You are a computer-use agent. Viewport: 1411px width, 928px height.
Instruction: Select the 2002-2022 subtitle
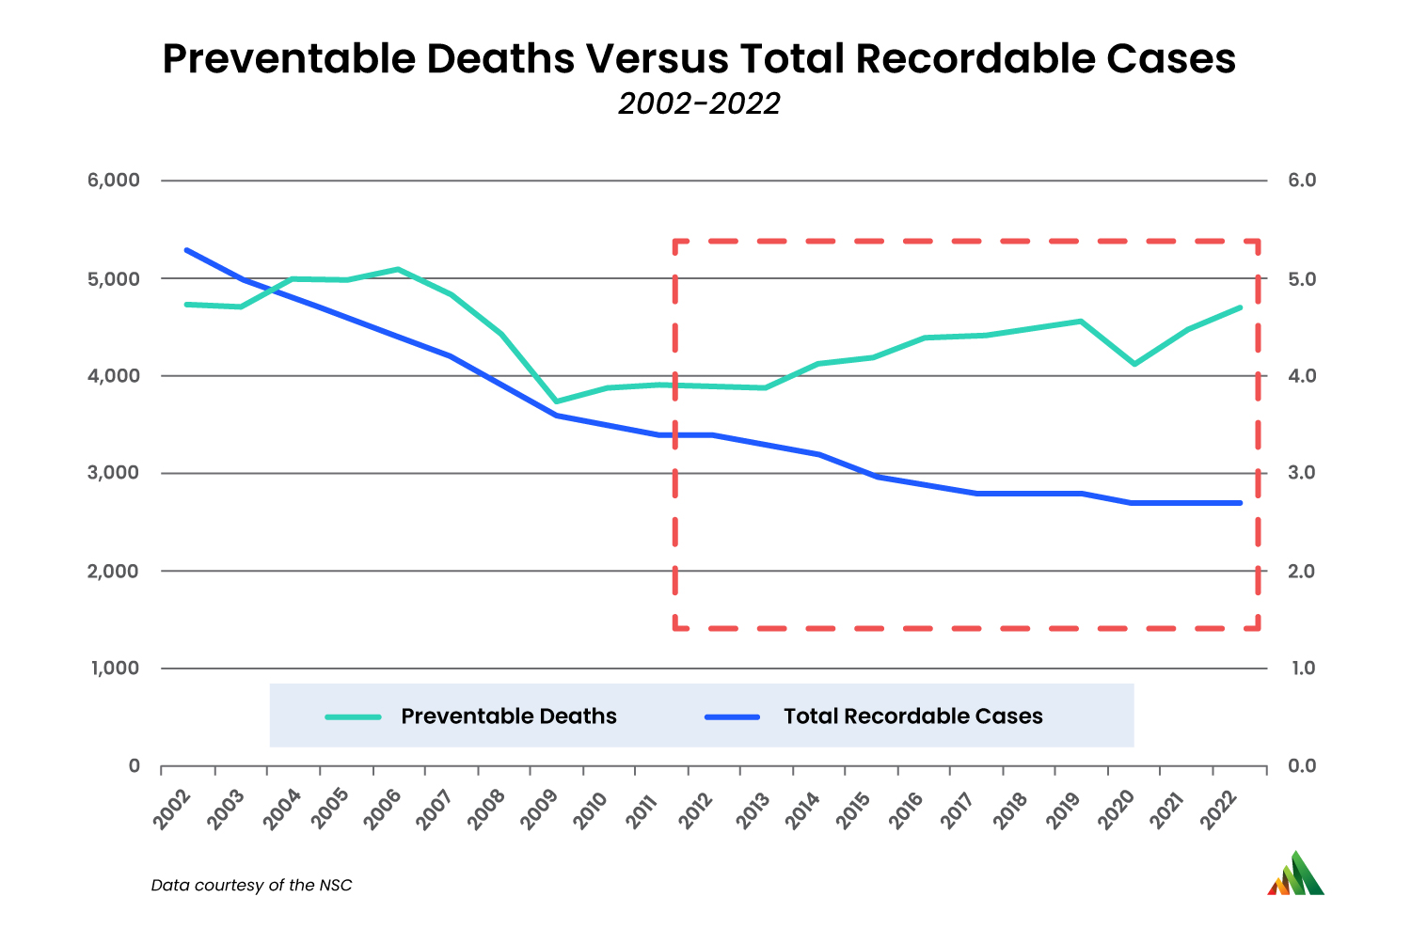click(x=699, y=103)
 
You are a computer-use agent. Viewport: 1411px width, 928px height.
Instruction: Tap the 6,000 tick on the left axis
click(x=114, y=181)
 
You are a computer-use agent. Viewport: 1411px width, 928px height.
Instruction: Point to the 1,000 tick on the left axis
click(x=114, y=668)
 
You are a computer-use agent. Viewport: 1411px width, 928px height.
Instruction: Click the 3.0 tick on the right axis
click(x=1302, y=473)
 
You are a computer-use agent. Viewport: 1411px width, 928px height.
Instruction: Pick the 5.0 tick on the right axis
click(x=1302, y=279)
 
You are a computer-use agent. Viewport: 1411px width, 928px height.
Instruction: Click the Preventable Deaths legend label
click(x=508, y=716)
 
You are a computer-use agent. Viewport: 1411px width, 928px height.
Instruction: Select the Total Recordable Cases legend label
click(x=912, y=716)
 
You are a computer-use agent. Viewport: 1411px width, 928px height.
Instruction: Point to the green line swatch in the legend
click(x=354, y=716)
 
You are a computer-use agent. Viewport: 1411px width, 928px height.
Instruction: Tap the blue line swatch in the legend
click(x=732, y=716)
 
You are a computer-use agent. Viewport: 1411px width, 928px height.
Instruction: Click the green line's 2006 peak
click(x=398, y=269)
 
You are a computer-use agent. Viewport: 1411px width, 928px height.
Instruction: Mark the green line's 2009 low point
click(x=557, y=401)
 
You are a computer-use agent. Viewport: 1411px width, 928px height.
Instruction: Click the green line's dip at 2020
click(x=1134, y=364)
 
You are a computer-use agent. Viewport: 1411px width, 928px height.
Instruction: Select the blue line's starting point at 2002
click(x=187, y=250)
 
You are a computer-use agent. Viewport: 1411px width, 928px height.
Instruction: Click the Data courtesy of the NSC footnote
click(x=251, y=886)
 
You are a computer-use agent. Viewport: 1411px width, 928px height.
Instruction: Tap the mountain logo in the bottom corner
click(x=1295, y=874)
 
